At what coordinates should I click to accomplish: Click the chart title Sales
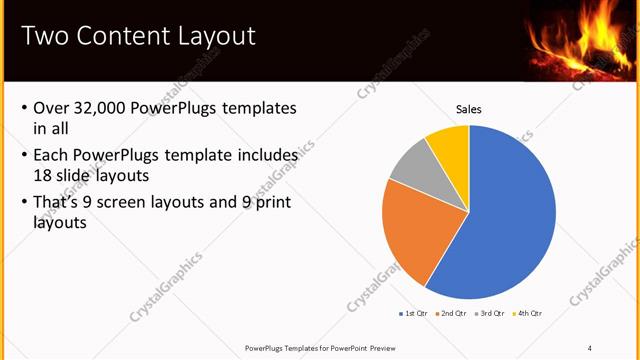[x=469, y=109]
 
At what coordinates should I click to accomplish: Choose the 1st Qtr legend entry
[x=414, y=314]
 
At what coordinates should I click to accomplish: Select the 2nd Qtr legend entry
[x=452, y=314]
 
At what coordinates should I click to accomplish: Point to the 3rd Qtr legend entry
[x=489, y=314]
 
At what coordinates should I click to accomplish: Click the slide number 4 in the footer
[x=589, y=347]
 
